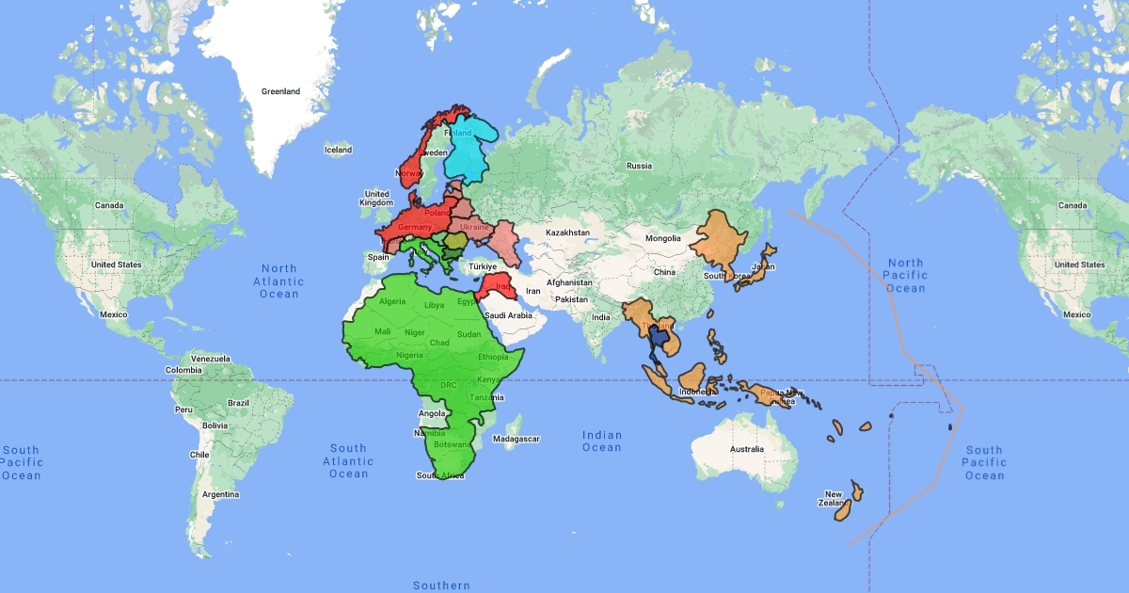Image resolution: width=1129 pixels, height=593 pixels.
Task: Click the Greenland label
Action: click(x=280, y=91)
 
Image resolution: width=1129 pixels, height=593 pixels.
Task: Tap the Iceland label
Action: click(x=338, y=150)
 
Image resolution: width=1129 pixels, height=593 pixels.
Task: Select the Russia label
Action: click(x=639, y=166)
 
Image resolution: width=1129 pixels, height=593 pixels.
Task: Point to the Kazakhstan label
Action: click(x=567, y=232)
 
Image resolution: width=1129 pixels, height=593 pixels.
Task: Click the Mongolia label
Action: click(x=663, y=238)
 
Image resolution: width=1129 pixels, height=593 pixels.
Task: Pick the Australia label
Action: click(x=746, y=448)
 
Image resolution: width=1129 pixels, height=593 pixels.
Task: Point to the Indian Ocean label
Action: click(x=602, y=441)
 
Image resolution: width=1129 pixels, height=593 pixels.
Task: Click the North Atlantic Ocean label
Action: click(x=279, y=281)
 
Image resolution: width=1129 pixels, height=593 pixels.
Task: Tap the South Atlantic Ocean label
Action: click(x=348, y=461)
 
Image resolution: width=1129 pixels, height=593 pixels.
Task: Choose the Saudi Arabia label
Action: click(x=508, y=315)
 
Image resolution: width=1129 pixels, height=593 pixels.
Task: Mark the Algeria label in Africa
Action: click(x=391, y=301)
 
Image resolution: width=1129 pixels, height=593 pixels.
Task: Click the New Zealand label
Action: click(x=835, y=500)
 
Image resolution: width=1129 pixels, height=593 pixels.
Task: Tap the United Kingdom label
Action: click(x=376, y=199)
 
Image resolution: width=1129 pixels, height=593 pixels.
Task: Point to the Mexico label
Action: click(x=113, y=314)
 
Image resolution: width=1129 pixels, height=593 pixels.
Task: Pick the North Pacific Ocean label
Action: click(x=905, y=276)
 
